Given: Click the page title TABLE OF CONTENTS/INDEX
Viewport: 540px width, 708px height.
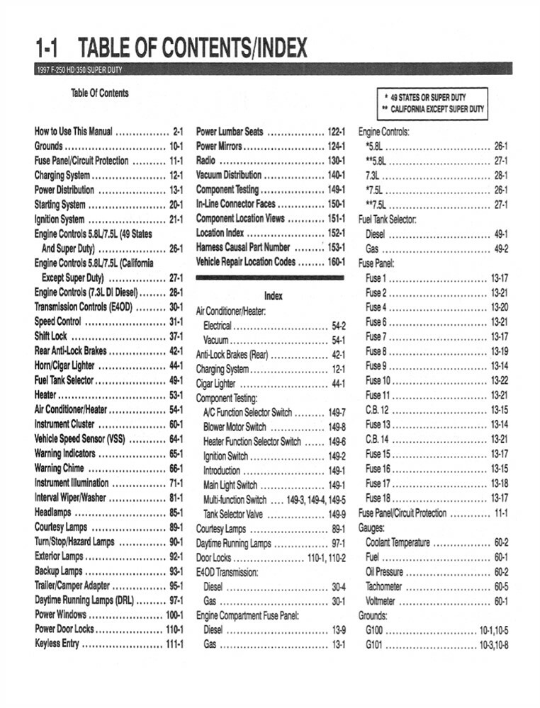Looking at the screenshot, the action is pos(192,48).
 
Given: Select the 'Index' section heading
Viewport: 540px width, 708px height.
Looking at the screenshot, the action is pos(273,296).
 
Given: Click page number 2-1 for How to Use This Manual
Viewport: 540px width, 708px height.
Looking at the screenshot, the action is pos(178,132).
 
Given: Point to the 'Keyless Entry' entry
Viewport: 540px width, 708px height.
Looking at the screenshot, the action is pos(57,644).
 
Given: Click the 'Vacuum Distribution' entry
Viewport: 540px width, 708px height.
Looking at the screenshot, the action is pos(223,175).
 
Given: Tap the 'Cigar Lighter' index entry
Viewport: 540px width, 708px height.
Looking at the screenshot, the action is pos(215,384).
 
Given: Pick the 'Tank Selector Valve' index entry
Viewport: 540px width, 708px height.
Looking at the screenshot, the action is pos(233,514).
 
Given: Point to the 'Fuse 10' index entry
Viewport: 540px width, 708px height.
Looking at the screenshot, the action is pos(378,380).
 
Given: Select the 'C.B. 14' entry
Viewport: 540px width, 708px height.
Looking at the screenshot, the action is pos(377,439).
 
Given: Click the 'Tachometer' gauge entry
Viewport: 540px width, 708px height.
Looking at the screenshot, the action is pos(383,586).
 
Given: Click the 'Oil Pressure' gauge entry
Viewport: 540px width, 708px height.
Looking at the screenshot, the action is pos(384,571).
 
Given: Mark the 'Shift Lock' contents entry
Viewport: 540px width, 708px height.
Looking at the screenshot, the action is pos(50,336).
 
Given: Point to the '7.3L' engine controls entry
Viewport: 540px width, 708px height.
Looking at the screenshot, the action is pos(373,175).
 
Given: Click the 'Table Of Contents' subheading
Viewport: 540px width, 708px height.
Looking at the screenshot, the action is pos(100,93).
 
